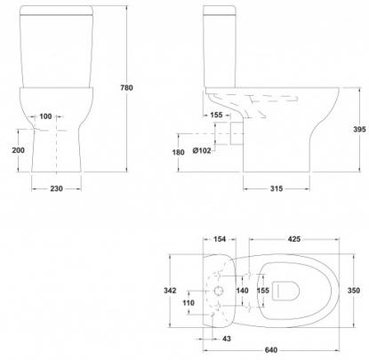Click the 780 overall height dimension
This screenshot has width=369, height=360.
126,88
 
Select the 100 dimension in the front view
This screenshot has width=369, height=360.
45,116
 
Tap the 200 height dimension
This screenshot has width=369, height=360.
18,150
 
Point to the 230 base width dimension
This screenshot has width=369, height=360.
56,188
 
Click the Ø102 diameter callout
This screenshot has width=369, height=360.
202,150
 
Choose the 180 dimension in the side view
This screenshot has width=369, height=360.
178,152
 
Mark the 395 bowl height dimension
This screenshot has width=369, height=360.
359,130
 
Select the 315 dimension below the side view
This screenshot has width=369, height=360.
277,188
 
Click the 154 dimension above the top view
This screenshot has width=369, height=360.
220,239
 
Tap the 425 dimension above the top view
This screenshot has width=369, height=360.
294,239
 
